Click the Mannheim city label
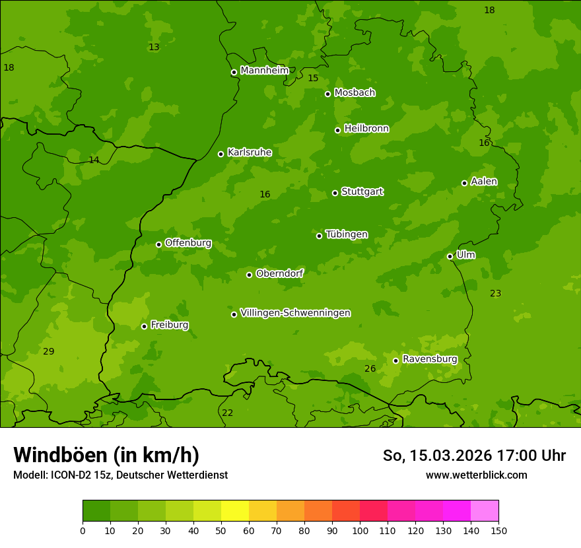point(264,71)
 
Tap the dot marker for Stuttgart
point(335,193)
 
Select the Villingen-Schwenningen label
point(295,313)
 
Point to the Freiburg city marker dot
point(144,326)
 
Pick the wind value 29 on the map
point(48,351)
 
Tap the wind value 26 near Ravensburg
point(370,368)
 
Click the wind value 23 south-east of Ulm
point(495,293)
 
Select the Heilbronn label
point(366,129)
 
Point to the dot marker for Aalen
point(464,183)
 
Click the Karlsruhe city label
point(249,153)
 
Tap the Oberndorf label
point(279,273)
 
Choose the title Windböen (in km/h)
point(106,455)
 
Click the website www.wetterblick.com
point(476,475)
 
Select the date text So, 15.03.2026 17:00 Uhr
point(474,456)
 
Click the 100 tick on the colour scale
point(360,530)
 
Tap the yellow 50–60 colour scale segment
point(235,511)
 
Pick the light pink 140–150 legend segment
point(485,511)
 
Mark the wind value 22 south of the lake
point(227,413)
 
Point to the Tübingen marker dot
point(319,236)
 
